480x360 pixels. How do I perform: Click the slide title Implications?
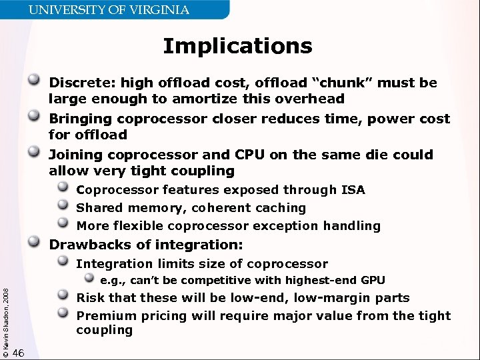237,46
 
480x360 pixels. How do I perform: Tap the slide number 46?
19,353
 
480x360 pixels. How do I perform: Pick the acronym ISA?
353,190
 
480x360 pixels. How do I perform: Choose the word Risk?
90,298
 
